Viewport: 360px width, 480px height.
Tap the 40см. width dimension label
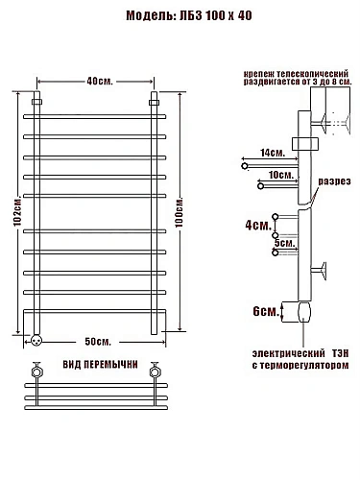pos(100,82)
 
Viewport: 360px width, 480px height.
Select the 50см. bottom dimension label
pos(98,342)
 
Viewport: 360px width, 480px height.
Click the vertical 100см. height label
pos(180,212)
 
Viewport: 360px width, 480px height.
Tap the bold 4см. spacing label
pos(258,226)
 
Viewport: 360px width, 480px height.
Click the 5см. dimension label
pos(284,243)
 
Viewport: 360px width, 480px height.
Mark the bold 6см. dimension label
pos(266,311)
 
